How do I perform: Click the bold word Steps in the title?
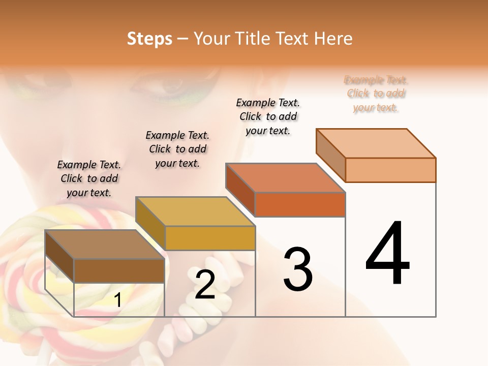(149, 39)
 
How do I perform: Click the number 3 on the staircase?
(298, 269)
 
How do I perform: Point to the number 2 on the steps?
(205, 285)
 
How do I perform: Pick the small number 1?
(118, 300)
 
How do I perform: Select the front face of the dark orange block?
(300, 204)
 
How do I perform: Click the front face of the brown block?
(119, 270)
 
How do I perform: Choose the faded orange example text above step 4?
(376, 94)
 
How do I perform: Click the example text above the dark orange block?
(268, 116)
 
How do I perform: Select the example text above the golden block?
(177, 149)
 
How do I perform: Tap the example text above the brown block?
(89, 178)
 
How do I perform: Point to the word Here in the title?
(333, 39)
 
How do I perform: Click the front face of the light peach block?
(390, 170)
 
